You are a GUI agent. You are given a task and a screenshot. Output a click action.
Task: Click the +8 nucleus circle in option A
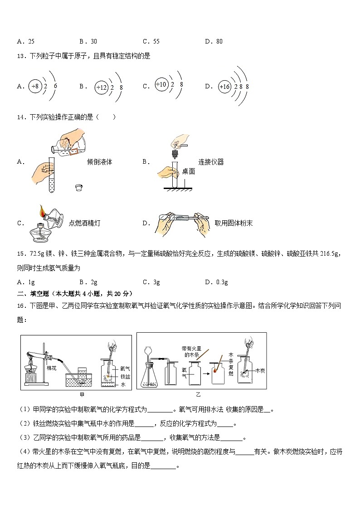point(35,86)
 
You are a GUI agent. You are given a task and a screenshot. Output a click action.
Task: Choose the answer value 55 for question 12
point(156,41)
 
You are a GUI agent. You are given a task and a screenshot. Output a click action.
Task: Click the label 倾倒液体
point(99,162)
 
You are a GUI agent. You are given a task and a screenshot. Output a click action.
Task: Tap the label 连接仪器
point(211,162)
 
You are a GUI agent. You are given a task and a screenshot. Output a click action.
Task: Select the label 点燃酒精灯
point(84,223)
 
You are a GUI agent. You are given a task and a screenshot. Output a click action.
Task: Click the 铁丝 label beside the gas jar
point(126,376)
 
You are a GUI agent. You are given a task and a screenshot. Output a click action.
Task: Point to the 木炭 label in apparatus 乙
point(259,370)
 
